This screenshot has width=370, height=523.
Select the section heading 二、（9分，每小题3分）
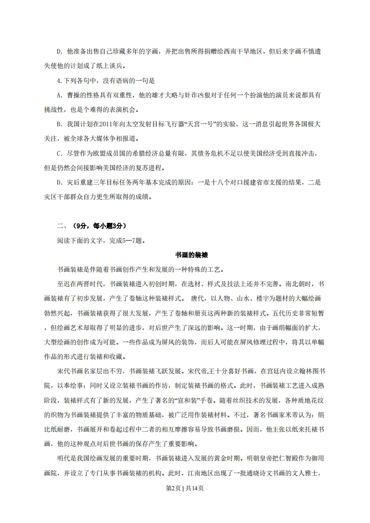tap(91, 226)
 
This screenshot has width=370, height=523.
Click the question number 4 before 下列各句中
tap(58, 80)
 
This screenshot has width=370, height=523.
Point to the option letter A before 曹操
tap(58, 95)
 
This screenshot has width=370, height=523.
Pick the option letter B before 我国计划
tap(58, 124)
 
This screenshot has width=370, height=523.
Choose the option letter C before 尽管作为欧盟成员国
tap(58, 153)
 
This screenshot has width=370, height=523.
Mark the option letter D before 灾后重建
tap(58, 183)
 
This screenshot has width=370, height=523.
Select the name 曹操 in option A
tap(73, 95)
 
